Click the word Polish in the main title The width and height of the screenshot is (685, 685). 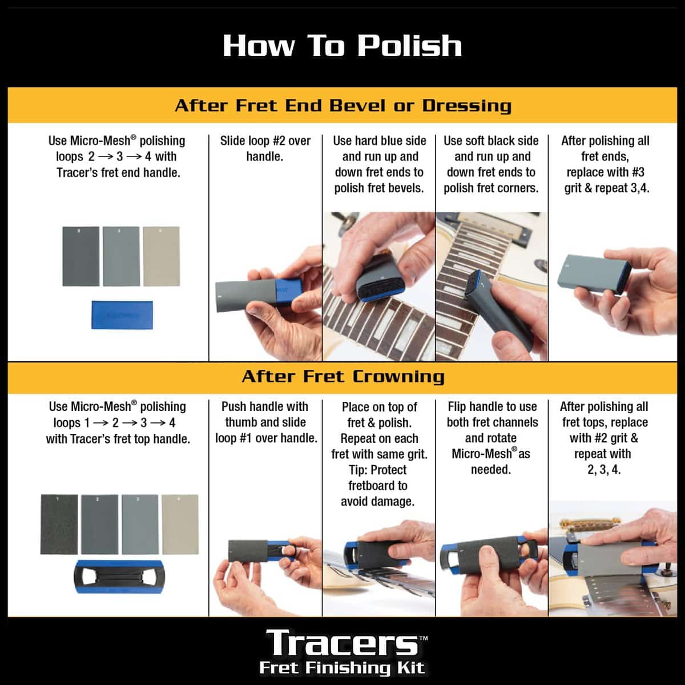409,46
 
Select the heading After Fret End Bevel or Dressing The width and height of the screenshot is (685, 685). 343,106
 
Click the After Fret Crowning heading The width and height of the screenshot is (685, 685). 343,376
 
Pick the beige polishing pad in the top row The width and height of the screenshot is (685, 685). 162,256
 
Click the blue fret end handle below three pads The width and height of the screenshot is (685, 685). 122,315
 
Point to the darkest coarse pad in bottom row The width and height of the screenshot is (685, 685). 59,524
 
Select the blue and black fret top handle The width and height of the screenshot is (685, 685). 119,577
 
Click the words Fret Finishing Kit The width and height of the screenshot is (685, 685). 342,667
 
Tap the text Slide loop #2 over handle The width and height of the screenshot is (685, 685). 265,148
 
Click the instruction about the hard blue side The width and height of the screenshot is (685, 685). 379,164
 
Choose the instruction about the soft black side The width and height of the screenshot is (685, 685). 491,164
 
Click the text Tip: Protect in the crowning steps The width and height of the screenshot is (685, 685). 378,470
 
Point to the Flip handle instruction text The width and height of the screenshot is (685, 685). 492,438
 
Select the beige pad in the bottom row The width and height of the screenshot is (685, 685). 180,524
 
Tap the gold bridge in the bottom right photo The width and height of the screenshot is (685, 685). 583,524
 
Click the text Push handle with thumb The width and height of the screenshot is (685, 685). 265,414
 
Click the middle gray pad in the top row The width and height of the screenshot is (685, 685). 121,256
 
